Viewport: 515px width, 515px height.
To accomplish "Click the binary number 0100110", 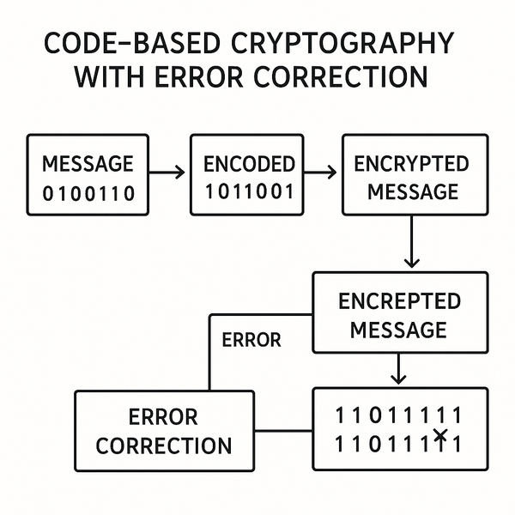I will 88,193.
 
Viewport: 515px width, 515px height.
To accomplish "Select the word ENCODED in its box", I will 249,164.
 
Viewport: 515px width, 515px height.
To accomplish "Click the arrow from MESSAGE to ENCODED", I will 168,173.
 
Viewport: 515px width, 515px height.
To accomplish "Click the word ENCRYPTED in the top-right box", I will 411,164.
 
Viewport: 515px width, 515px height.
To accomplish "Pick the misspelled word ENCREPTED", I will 399,301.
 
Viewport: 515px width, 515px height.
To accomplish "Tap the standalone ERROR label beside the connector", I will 251,340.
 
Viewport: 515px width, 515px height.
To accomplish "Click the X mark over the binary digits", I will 440,437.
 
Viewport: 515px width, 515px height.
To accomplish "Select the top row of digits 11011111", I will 398,416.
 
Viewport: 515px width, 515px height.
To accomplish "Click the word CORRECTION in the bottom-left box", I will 163,446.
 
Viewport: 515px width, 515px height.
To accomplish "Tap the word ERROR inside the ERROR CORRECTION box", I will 163,418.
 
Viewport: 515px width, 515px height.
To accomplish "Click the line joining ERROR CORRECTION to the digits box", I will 283,429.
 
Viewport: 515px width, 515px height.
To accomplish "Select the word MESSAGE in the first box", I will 88,164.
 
